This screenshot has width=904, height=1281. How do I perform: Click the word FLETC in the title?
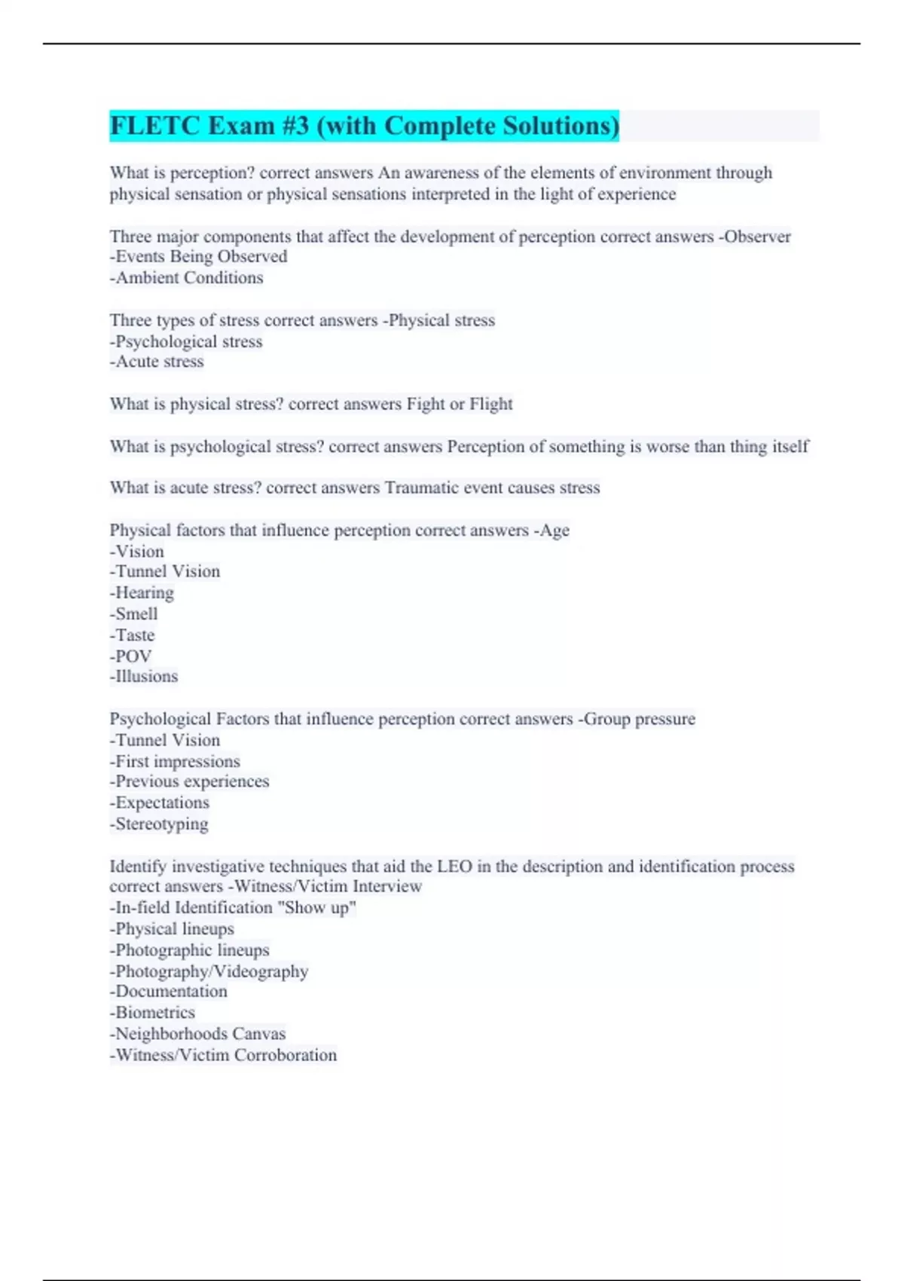154,125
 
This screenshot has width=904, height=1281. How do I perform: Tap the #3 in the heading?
295,125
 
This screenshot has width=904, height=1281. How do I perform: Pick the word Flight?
490,404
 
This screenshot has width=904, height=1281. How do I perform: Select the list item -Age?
551,530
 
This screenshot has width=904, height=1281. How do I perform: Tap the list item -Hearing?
142,593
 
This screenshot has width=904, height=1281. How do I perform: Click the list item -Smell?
133,614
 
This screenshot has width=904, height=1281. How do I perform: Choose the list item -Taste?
132,635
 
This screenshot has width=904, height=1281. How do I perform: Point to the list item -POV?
130,656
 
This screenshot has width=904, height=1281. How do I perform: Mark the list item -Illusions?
144,677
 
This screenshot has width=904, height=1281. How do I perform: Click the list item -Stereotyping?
159,824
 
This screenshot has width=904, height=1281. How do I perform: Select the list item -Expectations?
159,803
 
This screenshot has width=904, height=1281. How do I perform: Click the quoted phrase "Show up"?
317,908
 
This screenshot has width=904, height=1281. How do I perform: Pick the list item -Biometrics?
152,1013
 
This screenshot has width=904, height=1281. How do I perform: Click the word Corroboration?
286,1055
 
